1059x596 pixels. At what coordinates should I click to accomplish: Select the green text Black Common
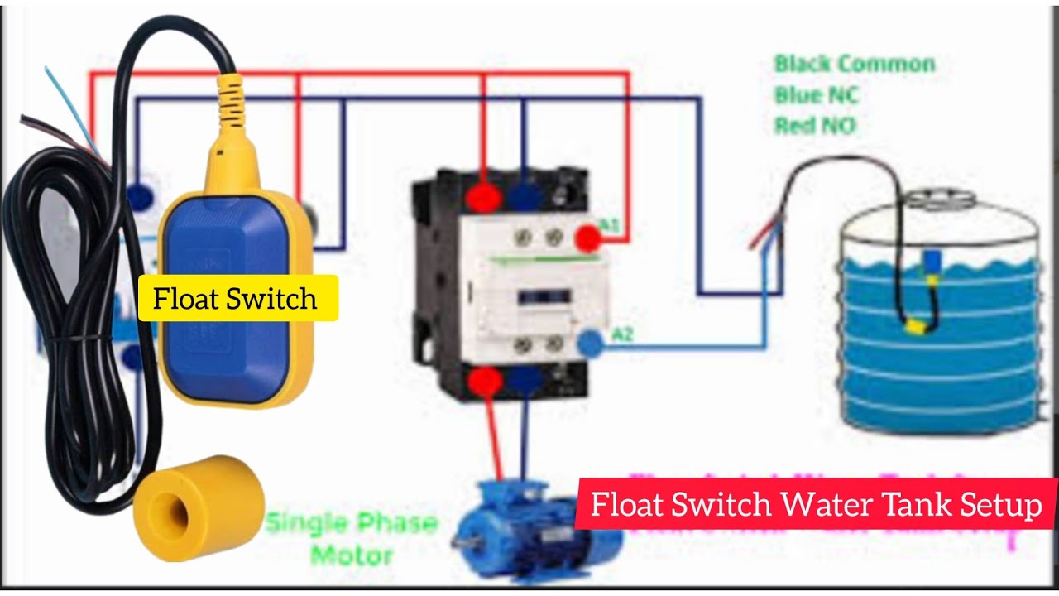coord(854,65)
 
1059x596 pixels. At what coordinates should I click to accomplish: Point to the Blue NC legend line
coord(816,96)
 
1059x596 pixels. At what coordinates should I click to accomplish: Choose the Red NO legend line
coord(814,126)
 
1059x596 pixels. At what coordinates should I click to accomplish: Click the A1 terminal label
coord(609,225)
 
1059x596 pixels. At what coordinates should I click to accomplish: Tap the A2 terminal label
coord(621,334)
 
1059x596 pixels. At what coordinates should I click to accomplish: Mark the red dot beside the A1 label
coord(587,238)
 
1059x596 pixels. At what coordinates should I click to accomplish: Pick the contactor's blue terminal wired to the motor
coord(523,380)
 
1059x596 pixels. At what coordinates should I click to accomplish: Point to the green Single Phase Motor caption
coord(352,538)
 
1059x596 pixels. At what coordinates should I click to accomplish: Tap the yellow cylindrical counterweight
coord(199,507)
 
